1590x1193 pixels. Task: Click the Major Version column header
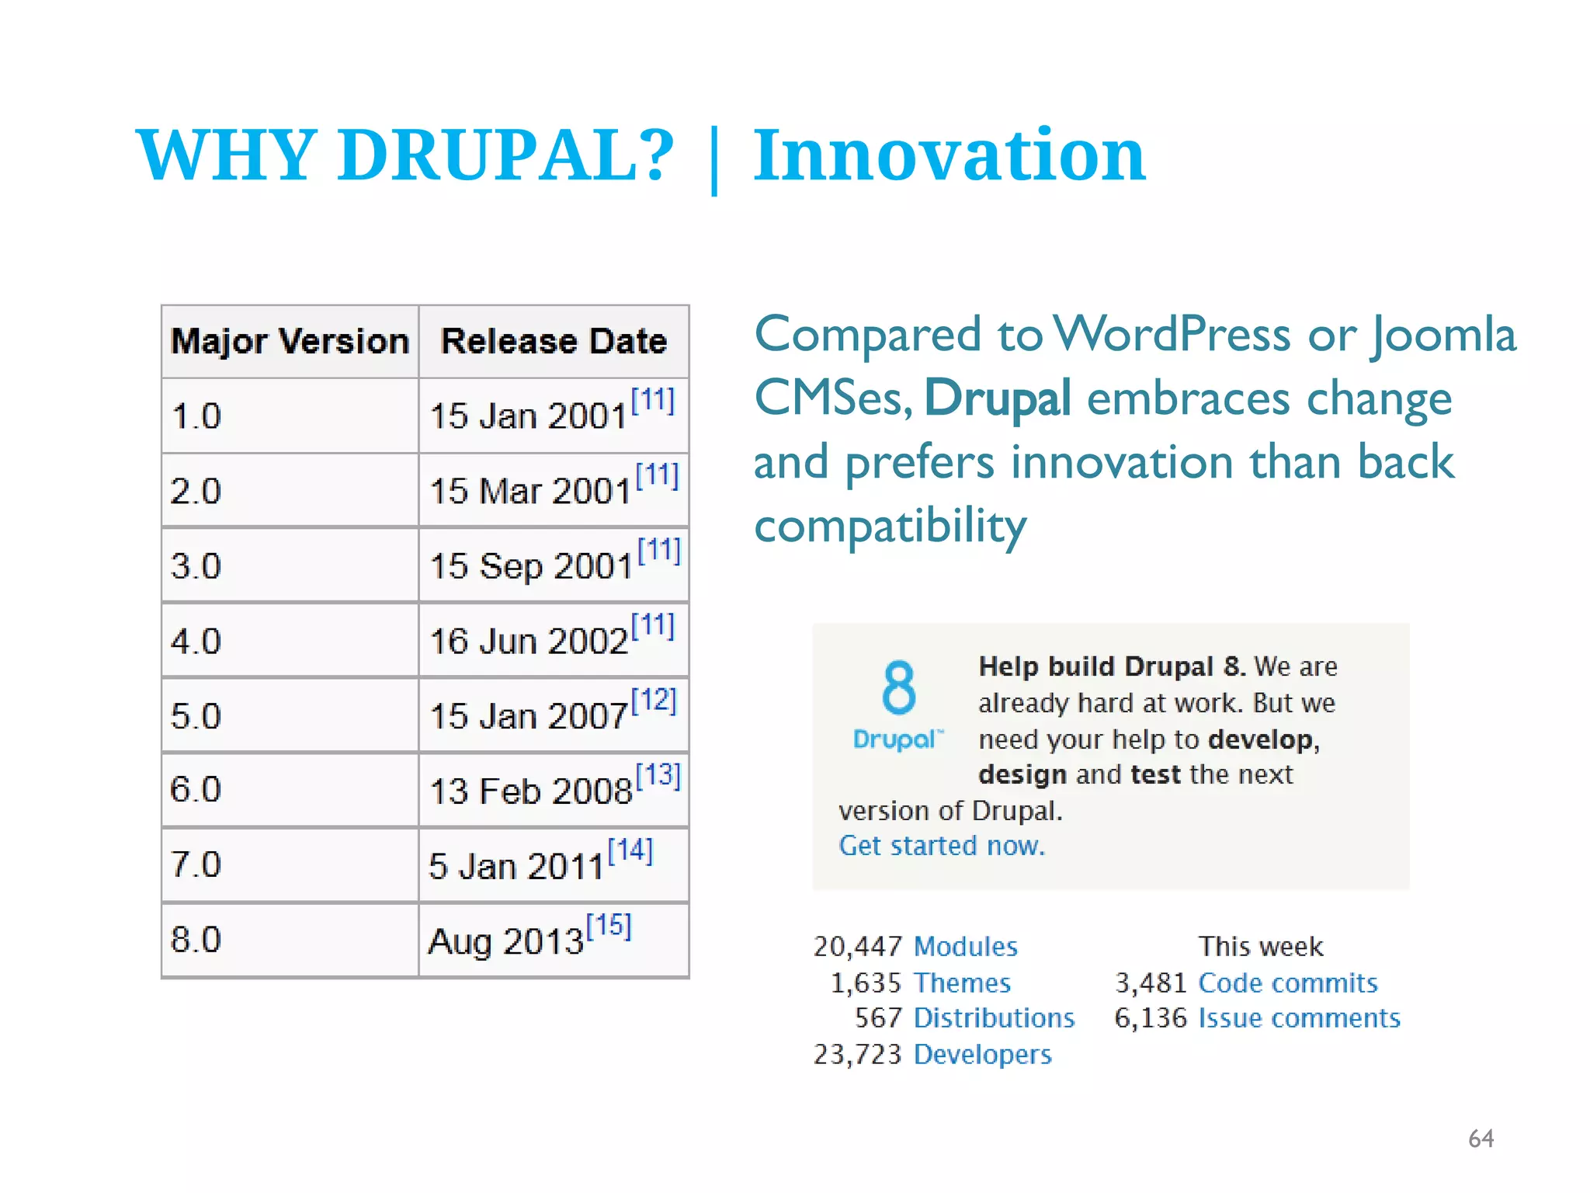pyautogui.click(x=290, y=342)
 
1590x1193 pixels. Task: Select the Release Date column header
pyautogui.click(x=554, y=342)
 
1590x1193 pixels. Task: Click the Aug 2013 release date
pyautogui.click(x=505, y=941)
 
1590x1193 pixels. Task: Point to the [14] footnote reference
pyautogui.click(x=630, y=850)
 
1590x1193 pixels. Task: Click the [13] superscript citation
pyautogui.click(x=658, y=775)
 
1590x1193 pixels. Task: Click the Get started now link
pyautogui.click(x=942, y=846)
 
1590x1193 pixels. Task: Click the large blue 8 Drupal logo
pyautogui.click(x=898, y=703)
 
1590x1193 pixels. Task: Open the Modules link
pyautogui.click(x=965, y=947)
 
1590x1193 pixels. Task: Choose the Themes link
pyautogui.click(x=962, y=983)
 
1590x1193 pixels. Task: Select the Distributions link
pyautogui.click(x=994, y=1018)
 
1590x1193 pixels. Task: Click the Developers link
pyautogui.click(x=982, y=1055)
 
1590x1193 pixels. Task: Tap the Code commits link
pyautogui.click(x=1287, y=983)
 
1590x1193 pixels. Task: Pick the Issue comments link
pyautogui.click(x=1299, y=1018)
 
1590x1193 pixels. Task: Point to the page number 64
pyautogui.click(x=1481, y=1139)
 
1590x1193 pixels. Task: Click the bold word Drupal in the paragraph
pyautogui.click(x=998, y=398)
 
